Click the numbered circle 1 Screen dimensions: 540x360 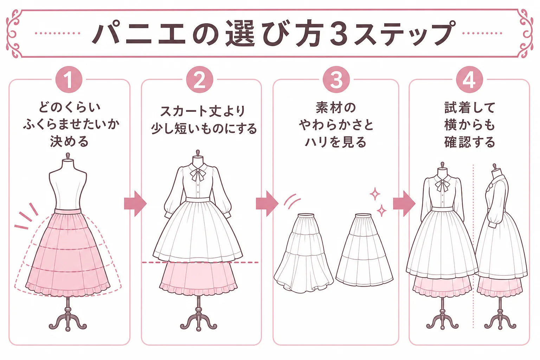[x=69, y=79]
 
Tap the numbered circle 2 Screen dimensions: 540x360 [x=200, y=79]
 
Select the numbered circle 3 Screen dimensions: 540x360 [x=336, y=79]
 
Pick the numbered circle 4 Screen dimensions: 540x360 [x=469, y=79]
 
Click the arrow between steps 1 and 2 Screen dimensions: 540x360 [x=135, y=204]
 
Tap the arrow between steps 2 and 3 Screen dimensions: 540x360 [x=267, y=204]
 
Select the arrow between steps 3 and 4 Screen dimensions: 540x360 [x=404, y=204]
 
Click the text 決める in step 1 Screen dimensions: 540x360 [x=69, y=142]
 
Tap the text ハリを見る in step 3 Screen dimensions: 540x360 [x=336, y=142]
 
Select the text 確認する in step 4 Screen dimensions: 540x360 [x=469, y=142]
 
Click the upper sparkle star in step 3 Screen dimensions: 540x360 [x=375, y=194]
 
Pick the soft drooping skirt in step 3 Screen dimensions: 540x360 [x=304, y=253]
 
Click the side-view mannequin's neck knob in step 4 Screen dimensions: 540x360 [x=495, y=167]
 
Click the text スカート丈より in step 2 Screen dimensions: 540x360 [x=202, y=111]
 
